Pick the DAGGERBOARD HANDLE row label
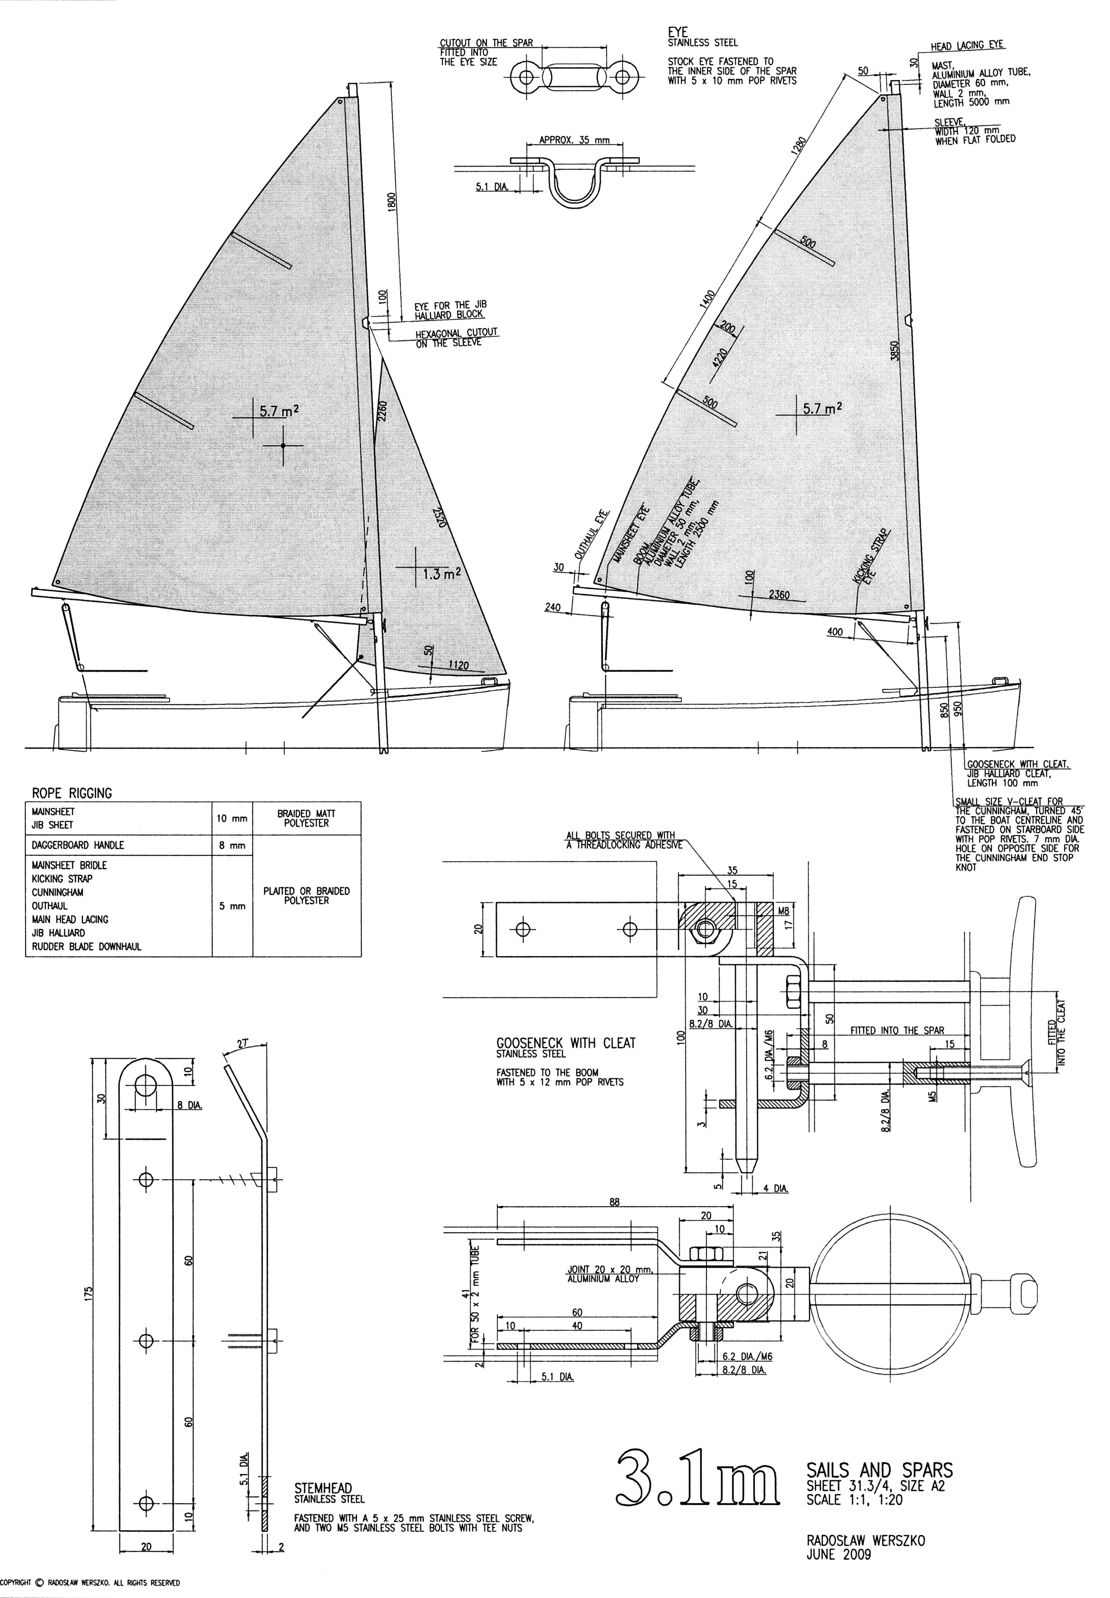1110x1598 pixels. click(x=78, y=845)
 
